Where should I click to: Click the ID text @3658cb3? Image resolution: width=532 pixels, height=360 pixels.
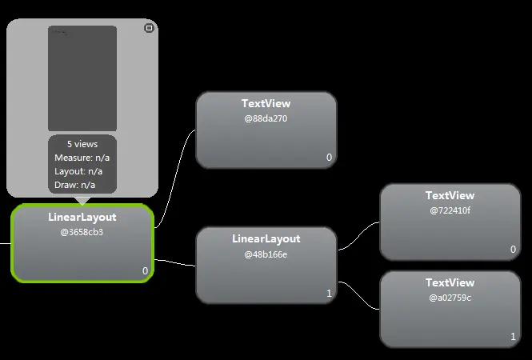(82, 232)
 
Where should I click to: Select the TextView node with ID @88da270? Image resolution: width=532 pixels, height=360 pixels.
(266, 130)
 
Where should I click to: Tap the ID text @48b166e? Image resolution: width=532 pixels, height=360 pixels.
(266, 254)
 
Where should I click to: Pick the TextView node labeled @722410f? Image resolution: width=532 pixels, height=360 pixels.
(450, 222)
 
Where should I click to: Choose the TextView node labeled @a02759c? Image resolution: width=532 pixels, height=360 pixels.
(450, 309)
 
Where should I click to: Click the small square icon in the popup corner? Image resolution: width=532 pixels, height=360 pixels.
(148, 28)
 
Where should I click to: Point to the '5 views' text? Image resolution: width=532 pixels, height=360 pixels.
(82, 144)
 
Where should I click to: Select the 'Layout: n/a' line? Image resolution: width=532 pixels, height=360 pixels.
(78, 171)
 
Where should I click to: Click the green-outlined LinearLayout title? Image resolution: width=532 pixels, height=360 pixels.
(82, 218)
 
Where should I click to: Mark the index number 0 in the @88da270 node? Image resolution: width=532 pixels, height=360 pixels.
(329, 158)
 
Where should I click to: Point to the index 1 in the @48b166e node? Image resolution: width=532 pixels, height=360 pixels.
(329, 294)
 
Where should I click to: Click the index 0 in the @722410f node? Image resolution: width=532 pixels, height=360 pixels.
(513, 250)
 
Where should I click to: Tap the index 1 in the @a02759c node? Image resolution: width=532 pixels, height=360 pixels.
(513, 337)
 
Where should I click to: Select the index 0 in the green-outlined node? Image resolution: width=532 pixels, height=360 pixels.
(145, 270)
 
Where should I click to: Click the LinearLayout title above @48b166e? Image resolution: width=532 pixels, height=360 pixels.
(266, 239)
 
